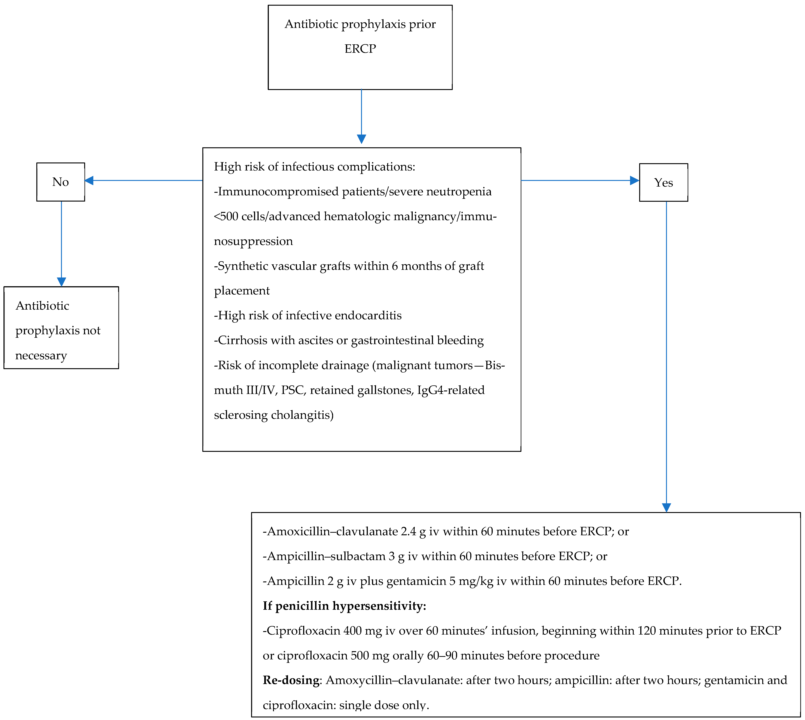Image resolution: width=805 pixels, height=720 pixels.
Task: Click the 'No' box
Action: [61, 182]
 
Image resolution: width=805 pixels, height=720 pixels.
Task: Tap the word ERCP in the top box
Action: [360, 49]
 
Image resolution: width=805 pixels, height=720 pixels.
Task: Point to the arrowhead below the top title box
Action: [361, 139]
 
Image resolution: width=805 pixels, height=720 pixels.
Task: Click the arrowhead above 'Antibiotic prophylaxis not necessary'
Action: [61, 282]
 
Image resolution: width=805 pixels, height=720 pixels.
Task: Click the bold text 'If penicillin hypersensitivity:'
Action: [344, 606]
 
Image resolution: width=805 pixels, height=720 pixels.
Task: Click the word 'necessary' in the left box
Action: [41, 356]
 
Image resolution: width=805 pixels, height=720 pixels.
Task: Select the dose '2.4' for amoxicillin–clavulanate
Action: [408, 531]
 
